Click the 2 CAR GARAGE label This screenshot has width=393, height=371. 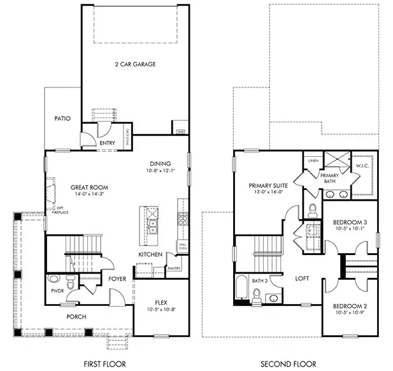point(135,64)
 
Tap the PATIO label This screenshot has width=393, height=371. point(62,119)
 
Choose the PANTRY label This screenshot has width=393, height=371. point(174,268)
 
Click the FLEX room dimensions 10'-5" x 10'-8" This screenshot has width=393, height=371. point(161,310)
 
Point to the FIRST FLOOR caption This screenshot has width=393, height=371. point(104,363)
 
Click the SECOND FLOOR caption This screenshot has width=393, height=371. point(289,363)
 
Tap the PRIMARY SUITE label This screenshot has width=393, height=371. point(268,186)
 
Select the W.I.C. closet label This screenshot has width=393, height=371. point(362,165)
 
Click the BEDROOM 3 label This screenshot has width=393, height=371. point(350,222)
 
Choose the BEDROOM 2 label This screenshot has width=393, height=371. point(350,306)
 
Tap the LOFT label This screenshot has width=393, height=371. point(301,279)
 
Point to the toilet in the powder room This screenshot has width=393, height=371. point(52,279)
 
